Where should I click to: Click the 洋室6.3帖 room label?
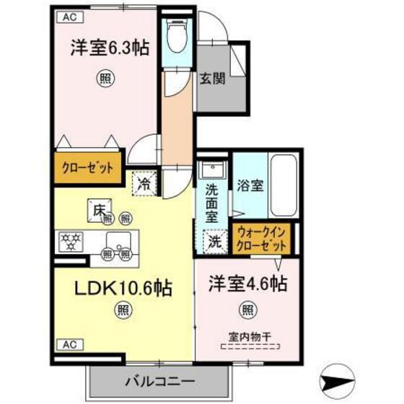pyautogui.click(x=110, y=48)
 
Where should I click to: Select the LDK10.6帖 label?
pyautogui.click(x=124, y=289)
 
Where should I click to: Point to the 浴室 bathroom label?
pyautogui.click(x=249, y=184)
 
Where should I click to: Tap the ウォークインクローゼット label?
pyautogui.click(x=262, y=238)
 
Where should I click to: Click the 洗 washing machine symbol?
pyautogui.click(x=214, y=242)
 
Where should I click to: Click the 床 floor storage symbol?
pyautogui.click(x=99, y=209)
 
